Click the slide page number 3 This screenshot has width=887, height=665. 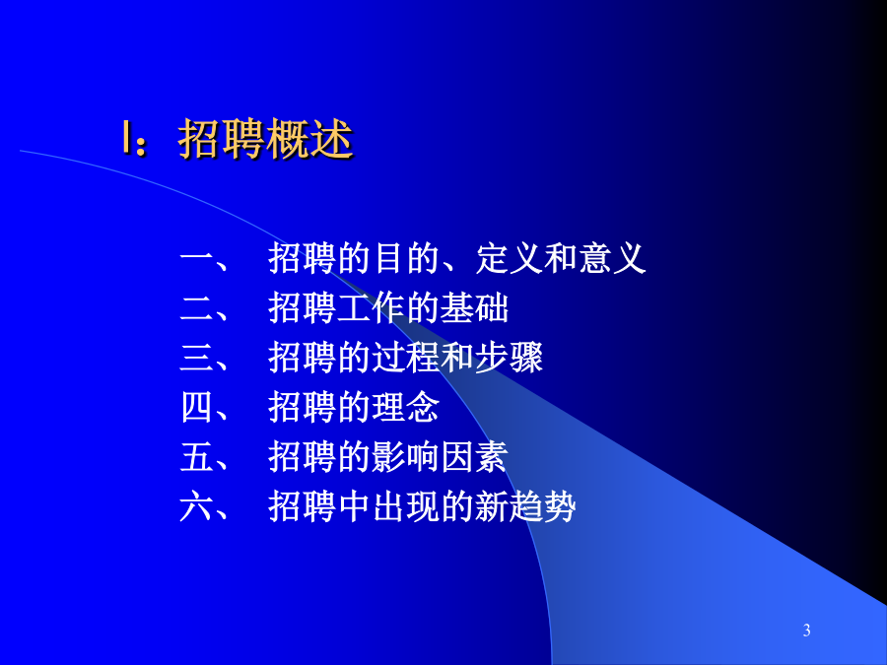point(806,630)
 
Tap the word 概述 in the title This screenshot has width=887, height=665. point(309,139)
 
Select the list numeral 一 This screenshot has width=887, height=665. point(196,260)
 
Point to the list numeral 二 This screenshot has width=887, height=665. point(196,308)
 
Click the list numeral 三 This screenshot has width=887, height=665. point(196,358)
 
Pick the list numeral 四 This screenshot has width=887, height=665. point(196,407)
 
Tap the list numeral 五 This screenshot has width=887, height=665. point(196,457)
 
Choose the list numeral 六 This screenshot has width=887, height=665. point(196,506)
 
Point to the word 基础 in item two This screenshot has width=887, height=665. point(474,308)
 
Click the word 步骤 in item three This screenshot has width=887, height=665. point(509,358)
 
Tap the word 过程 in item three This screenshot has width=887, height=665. point(406,358)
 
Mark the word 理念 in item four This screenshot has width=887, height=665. point(406,407)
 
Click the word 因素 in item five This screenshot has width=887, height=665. point(474,457)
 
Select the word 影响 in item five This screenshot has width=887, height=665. point(406,457)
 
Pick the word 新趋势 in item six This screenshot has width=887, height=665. point(525,506)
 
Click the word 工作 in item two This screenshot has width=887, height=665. point(372,308)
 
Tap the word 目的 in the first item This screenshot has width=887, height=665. point(406,259)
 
